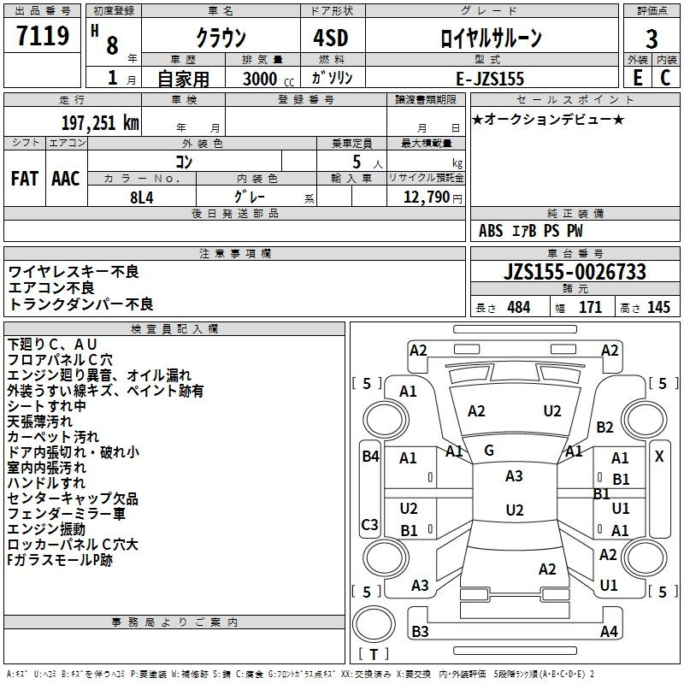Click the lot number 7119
coord(43,35)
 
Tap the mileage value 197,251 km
coord(100,123)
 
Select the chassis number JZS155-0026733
coord(575,272)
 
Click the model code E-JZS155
coord(490,79)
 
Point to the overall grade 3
coord(652,39)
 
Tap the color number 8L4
coord(142,198)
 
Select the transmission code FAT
coord(25,179)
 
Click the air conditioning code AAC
coord(66,179)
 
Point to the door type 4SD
coord(331,38)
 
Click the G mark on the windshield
coord(489,451)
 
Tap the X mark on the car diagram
coord(659,457)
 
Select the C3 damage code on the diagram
coord(369,524)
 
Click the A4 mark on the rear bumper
coord(609,631)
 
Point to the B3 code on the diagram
coord(420,631)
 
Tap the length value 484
coord(519,307)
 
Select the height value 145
coord(658,307)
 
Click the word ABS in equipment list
coord(491,231)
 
